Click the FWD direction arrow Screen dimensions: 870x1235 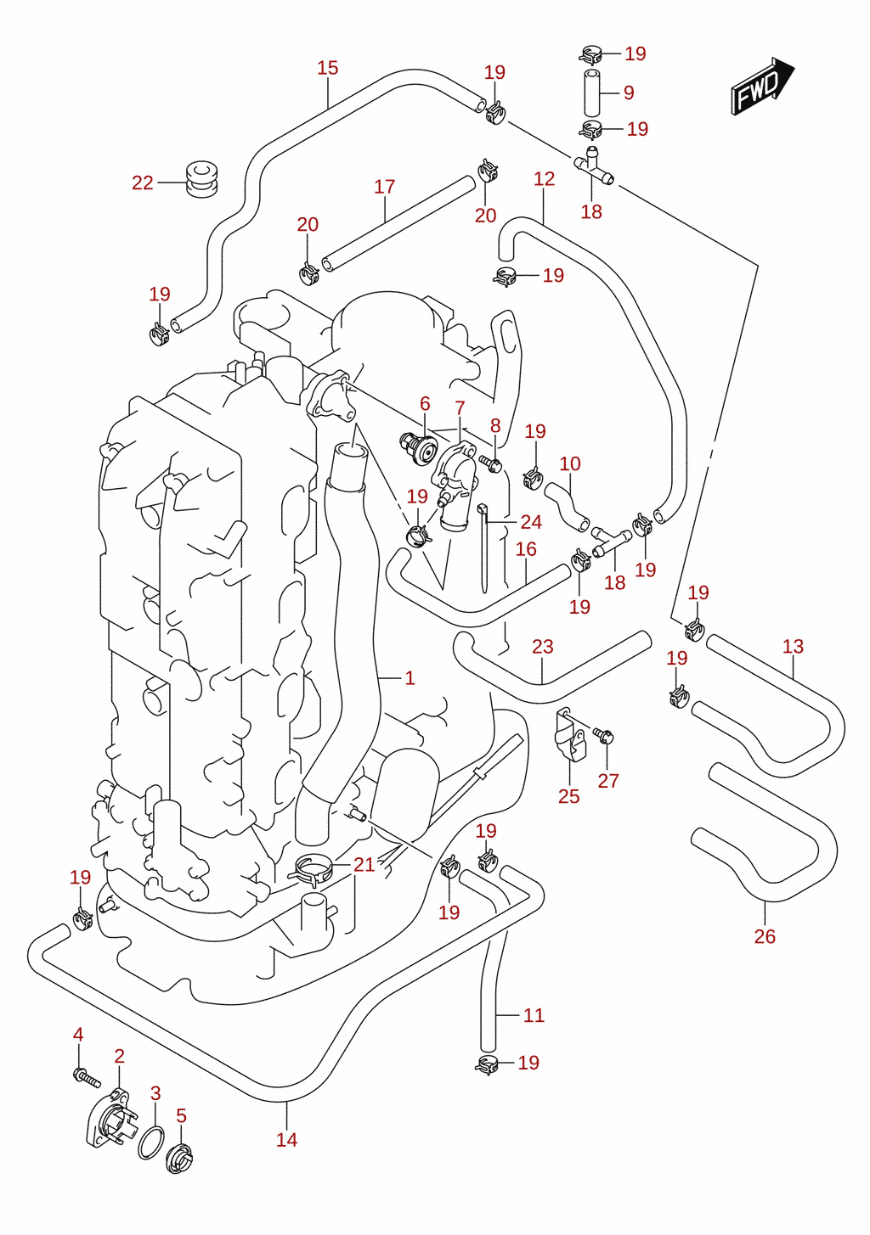pyautogui.click(x=762, y=87)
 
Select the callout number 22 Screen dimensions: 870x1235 pyautogui.click(x=143, y=182)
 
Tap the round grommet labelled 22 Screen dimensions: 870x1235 pyautogui.click(x=201, y=178)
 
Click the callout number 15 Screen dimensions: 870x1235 pyautogui.click(x=327, y=68)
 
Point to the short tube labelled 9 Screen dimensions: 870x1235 pyautogui.click(x=592, y=93)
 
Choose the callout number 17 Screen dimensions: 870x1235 pyautogui.click(x=385, y=187)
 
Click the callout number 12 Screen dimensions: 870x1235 pyautogui.click(x=545, y=178)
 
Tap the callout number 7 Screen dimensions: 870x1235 pyautogui.click(x=460, y=407)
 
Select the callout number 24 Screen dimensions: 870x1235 pyautogui.click(x=531, y=521)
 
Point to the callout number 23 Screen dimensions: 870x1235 pyautogui.click(x=543, y=646)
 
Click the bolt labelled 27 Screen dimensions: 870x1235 pyautogui.click(x=603, y=736)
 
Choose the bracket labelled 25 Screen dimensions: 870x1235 pyautogui.click(x=569, y=736)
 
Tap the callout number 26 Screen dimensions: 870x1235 pyautogui.click(x=765, y=936)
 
